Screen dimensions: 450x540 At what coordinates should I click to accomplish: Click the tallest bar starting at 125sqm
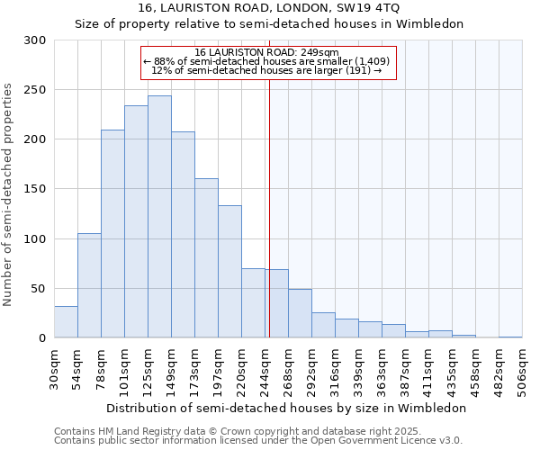[x=159, y=217]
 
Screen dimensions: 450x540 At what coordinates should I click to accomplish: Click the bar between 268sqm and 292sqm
[x=300, y=313]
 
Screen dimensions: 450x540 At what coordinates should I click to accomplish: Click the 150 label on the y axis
[x=35, y=189]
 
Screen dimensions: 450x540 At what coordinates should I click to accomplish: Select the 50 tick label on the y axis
[x=39, y=289]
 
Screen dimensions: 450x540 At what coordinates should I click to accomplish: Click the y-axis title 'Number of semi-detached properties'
[x=9, y=194]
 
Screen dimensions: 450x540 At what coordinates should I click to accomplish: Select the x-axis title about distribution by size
[x=286, y=408]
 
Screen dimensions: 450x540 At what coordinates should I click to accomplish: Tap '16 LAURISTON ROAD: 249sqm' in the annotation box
[x=266, y=52]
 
